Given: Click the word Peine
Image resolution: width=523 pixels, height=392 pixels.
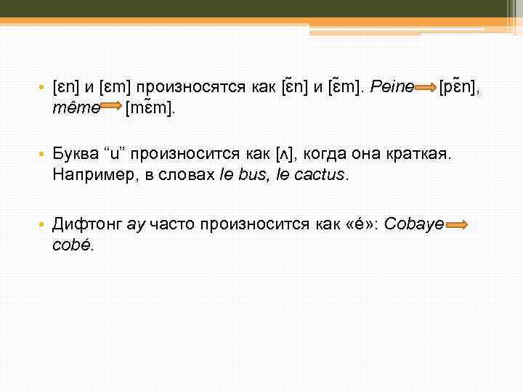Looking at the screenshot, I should tap(392, 87).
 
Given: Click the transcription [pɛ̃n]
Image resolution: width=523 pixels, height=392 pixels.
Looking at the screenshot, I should tap(458, 87).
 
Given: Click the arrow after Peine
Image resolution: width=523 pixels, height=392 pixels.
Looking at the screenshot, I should tap(426, 87).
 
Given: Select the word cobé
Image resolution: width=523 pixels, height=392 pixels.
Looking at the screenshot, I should tap(73, 245).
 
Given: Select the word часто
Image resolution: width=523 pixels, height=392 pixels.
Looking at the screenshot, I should tap(171, 224).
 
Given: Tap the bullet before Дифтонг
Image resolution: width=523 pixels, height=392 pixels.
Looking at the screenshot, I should tap(43, 225).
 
